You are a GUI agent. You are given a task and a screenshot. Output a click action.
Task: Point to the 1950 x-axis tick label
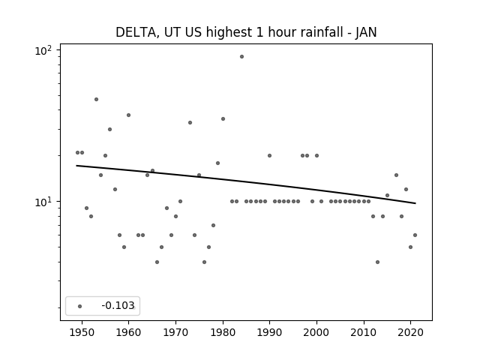tap(82, 332)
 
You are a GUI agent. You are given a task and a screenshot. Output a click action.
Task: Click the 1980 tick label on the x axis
tap(223, 332)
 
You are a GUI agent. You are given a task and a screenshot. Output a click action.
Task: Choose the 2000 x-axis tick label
tap(316, 332)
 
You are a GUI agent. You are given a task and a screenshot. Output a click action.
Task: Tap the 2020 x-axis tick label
tap(411, 332)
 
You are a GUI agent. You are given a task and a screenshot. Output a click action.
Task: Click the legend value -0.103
tap(118, 305)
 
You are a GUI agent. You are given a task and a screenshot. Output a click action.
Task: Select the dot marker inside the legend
tap(80, 306)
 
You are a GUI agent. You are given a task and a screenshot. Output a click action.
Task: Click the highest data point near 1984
tap(241, 57)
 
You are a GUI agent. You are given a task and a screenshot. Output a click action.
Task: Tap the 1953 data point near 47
tap(97, 100)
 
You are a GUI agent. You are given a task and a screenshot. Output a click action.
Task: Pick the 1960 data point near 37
tap(128, 115)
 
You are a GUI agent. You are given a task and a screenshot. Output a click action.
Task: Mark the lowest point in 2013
tap(377, 262)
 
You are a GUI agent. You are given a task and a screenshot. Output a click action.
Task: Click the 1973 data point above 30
tap(190, 123)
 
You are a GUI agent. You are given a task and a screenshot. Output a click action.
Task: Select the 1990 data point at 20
tap(270, 155)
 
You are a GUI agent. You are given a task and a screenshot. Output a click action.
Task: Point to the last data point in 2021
tap(415, 235)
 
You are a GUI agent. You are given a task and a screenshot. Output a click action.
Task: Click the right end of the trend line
tap(415, 203)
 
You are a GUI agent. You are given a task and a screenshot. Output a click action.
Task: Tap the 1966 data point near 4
tap(157, 262)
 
